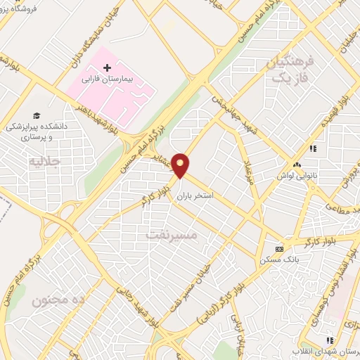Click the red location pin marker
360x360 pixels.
[181, 165]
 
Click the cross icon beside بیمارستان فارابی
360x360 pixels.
[107, 69]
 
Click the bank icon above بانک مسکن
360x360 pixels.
[279, 249]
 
